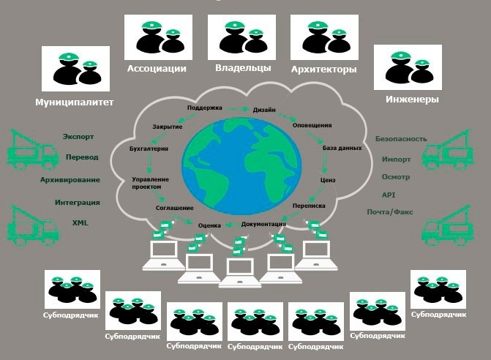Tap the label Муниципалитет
click(x=74, y=102)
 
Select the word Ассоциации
click(x=157, y=69)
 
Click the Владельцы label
click(x=243, y=68)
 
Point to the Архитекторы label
click(x=323, y=70)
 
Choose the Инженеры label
click(x=412, y=99)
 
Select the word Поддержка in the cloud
click(x=204, y=108)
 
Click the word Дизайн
click(x=264, y=110)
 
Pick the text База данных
click(x=342, y=148)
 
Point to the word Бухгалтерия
click(x=149, y=149)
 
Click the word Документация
click(x=263, y=223)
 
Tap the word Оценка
click(x=209, y=225)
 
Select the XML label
click(x=80, y=222)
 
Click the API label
click(x=388, y=195)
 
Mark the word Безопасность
click(x=401, y=138)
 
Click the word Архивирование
click(x=70, y=179)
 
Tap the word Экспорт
click(x=78, y=137)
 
